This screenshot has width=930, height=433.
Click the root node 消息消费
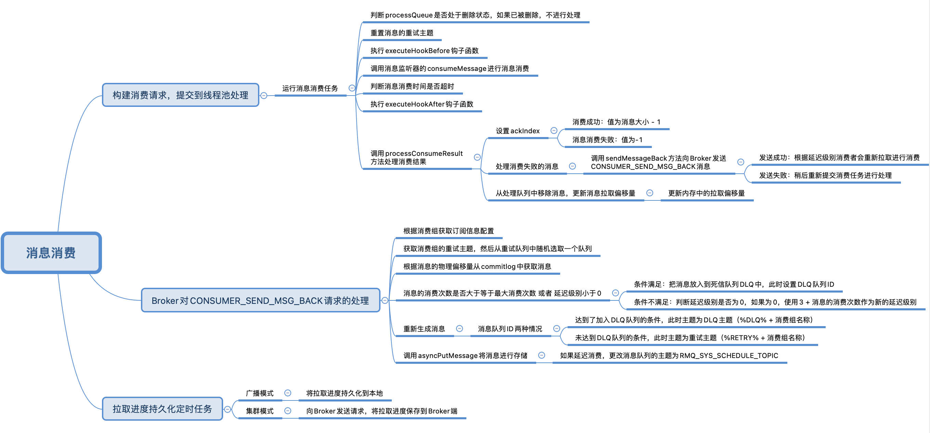tap(51, 253)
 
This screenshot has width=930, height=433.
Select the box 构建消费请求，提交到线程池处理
tap(180, 95)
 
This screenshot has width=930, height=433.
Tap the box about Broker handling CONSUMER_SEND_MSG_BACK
tap(260, 300)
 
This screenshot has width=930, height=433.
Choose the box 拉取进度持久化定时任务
tap(162, 409)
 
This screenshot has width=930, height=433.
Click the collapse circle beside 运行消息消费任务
tap(352, 88)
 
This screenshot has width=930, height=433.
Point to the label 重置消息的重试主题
tap(401, 33)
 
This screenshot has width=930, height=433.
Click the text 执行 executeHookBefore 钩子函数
tap(424, 51)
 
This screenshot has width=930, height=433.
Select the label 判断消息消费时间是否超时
tap(412, 86)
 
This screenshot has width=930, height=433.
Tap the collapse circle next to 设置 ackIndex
tap(554, 131)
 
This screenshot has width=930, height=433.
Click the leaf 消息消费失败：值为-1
tap(607, 140)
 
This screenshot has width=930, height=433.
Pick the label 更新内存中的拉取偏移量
tap(706, 193)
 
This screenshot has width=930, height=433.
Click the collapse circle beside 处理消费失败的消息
tap(572, 166)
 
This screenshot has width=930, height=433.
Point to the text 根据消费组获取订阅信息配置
tap(448, 231)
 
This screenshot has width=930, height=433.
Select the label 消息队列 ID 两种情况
tap(510, 329)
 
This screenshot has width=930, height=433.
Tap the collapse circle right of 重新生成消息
tap(459, 328)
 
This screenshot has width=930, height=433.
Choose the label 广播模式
tap(260, 393)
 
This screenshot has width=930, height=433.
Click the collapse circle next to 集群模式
tap(288, 411)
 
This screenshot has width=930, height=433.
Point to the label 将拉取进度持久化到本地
tap(344, 393)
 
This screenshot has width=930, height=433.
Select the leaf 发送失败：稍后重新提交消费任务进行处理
tap(825, 176)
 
